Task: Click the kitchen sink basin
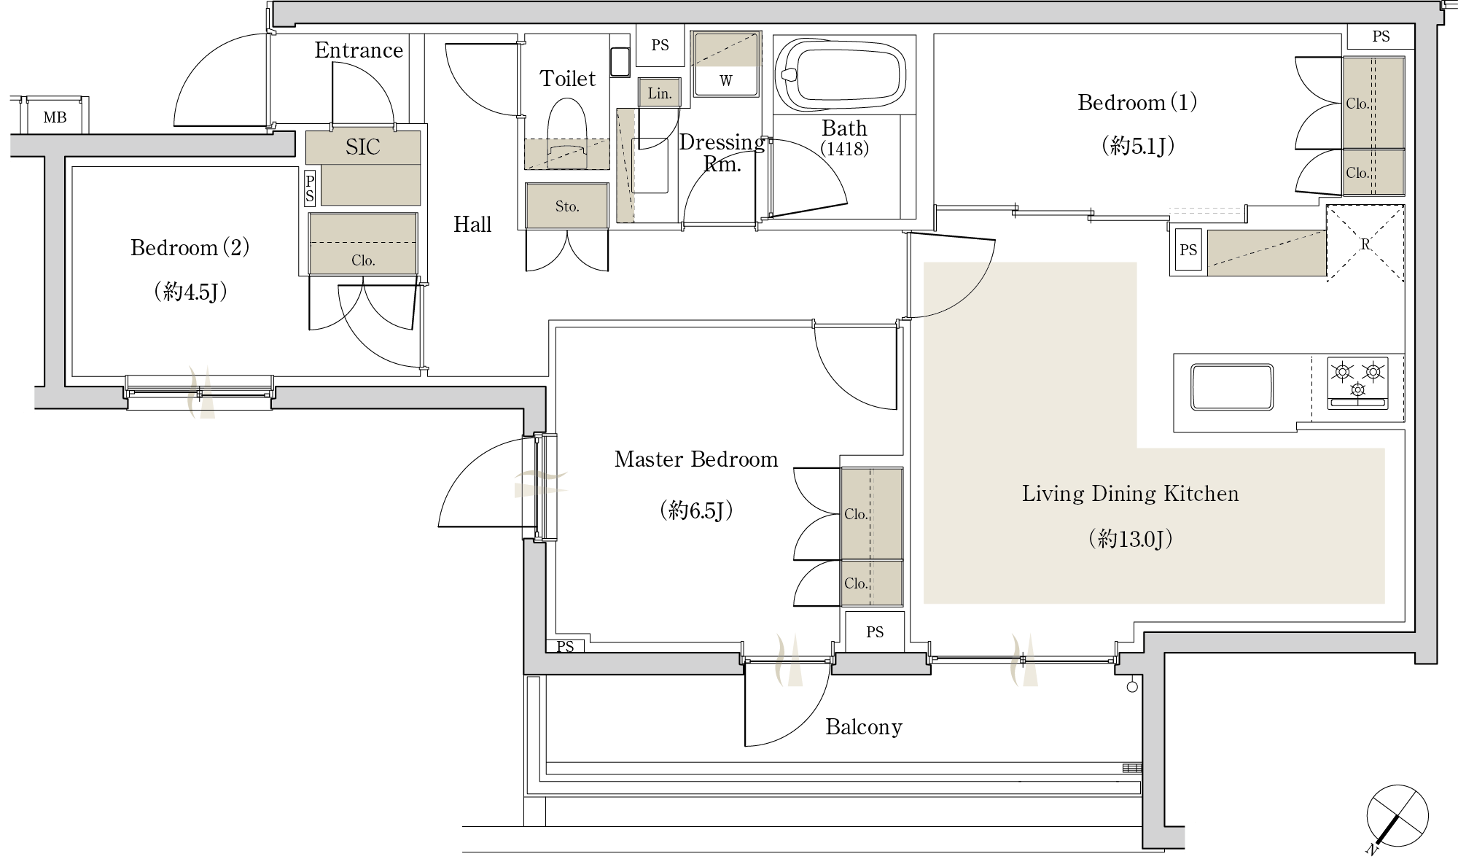(x=1231, y=386)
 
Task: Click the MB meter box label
(x=55, y=117)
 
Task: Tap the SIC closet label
(x=363, y=147)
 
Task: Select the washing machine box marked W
(x=726, y=63)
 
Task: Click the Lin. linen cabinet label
(x=660, y=93)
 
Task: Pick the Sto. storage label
(x=567, y=206)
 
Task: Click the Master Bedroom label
(x=696, y=459)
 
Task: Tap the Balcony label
(x=864, y=727)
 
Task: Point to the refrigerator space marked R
(x=1365, y=243)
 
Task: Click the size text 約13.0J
(x=1130, y=539)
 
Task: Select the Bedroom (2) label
(x=190, y=248)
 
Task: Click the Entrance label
(x=359, y=50)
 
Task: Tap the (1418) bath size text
(x=845, y=149)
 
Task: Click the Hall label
(x=472, y=224)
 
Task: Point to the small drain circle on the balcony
(x=1132, y=686)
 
